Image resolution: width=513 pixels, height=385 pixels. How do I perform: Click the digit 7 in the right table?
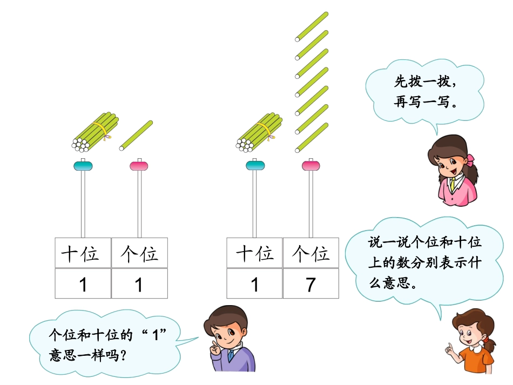(x=310, y=285)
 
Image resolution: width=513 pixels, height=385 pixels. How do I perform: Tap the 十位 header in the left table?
(x=83, y=254)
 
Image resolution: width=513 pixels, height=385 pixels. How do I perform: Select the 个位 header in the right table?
(x=310, y=254)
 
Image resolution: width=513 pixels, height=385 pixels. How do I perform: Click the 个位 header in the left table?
(x=139, y=254)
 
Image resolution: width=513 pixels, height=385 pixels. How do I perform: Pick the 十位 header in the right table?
(x=254, y=254)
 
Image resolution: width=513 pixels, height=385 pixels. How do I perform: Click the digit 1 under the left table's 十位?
(x=83, y=285)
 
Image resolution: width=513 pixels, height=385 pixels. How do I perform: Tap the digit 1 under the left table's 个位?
(x=139, y=285)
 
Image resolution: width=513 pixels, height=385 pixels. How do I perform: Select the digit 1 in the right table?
(x=254, y=285)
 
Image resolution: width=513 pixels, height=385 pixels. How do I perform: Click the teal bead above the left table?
(x=83, y=166)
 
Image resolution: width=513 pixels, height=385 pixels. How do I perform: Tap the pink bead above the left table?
(x=139, y=166)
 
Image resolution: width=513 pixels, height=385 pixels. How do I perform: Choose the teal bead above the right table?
(x=255, y=166)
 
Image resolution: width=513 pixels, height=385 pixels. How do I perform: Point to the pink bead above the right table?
(x=311, y=166)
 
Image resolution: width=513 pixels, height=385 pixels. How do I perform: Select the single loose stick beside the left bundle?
(x=136, y=134)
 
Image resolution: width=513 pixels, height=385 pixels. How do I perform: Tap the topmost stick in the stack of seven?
(x=312, y=26)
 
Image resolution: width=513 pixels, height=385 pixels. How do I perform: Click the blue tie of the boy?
(x=231, y=356)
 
